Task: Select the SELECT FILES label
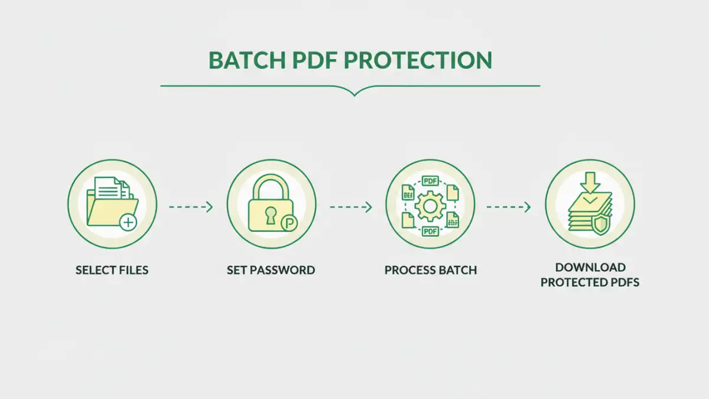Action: point(112,270)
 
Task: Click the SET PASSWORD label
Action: point(271,270)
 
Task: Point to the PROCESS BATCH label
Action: point(430,270)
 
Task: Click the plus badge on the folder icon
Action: point(128,223)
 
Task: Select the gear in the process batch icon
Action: point(430,206)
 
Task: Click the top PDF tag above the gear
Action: point(430,181)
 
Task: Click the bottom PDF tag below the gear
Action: point(430,231)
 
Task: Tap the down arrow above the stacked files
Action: point(589,182)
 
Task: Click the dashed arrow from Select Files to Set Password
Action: point(190,207)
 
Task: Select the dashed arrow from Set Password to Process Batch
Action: point(350,207)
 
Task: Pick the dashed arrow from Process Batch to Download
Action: point(508,207)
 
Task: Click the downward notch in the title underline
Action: point(354,92)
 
